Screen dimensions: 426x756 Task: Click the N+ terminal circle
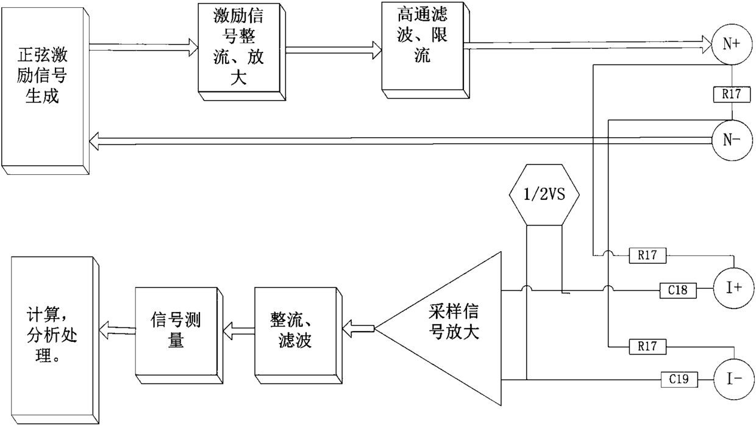pos(732,44)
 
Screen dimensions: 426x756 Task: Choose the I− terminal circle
pos(732,379)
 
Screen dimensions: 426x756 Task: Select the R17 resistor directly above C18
pos(647,256)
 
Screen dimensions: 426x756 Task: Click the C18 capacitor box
pos(678,291)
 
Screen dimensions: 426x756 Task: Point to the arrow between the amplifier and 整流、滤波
pos(359,330)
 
